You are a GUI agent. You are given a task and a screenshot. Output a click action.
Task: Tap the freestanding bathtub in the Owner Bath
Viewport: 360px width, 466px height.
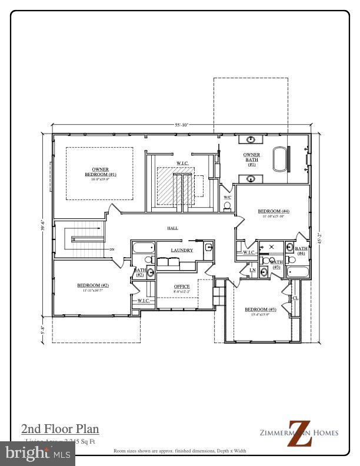279,159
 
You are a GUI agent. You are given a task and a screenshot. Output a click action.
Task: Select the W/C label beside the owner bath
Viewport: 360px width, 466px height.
228,198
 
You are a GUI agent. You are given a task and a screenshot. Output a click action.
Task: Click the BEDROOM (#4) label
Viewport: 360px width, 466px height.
274,211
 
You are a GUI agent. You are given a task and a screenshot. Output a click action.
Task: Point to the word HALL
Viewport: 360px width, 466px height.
172,228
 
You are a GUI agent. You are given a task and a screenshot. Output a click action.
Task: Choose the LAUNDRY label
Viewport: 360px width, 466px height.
182,250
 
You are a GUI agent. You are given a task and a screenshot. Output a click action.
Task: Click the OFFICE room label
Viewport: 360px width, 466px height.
182,287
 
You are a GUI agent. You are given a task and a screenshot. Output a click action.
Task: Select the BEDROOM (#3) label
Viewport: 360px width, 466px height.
261,309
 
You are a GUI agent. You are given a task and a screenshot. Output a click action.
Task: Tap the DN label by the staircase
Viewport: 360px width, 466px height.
111,249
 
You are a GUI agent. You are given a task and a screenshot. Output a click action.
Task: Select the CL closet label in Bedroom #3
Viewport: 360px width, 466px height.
295,298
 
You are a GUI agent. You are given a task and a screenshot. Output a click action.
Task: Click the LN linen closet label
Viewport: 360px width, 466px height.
252,271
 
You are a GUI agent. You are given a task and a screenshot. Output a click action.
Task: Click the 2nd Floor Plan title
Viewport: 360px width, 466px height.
60,428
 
